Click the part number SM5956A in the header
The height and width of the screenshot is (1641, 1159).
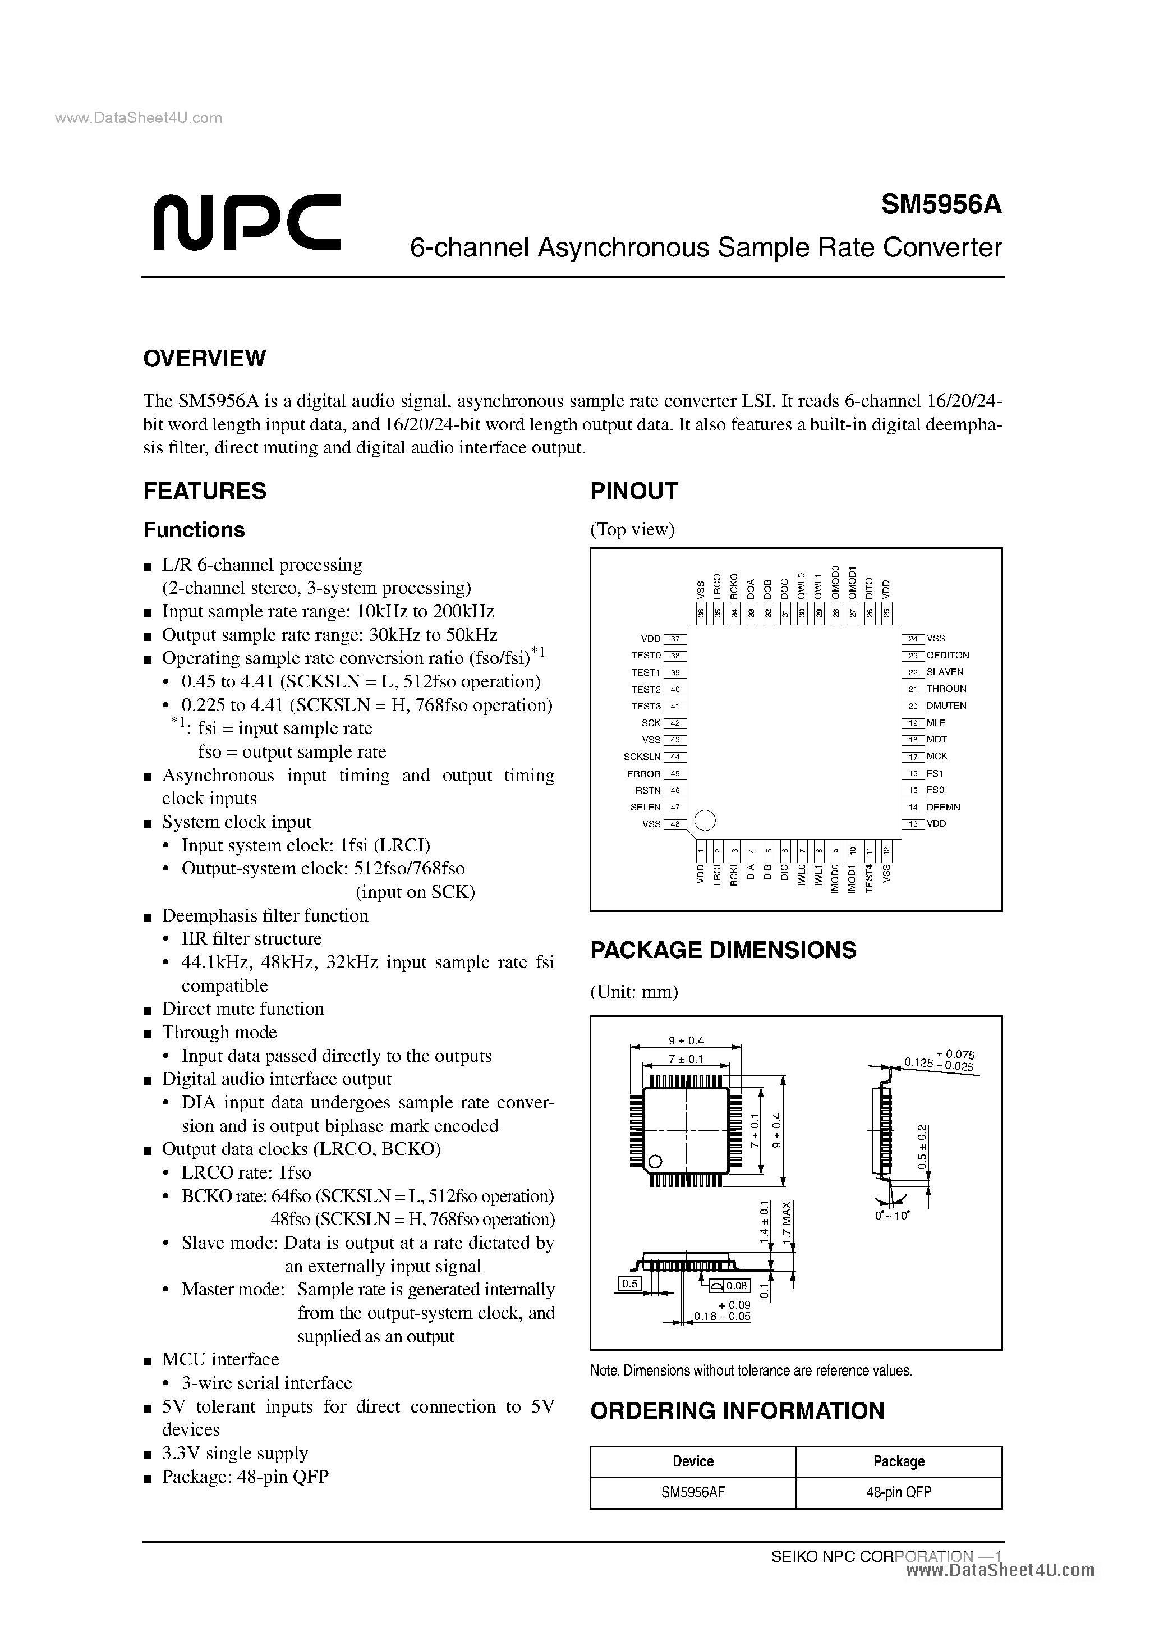pos(941,205)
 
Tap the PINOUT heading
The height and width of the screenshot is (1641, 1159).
pos(633,491)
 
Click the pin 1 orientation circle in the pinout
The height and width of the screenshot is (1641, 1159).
pos(705,820)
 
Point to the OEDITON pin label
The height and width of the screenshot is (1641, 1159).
pos(948,656)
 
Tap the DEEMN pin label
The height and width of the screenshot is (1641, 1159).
pos(943,808)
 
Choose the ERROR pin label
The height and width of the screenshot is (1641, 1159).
pos(644,774)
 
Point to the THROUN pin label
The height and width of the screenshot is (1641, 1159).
pos(946,689)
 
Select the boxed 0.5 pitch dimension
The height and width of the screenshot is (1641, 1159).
pos(629,1285)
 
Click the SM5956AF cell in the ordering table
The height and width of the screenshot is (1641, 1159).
pos(693,1492)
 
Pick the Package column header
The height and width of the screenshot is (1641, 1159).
pos(899,1461)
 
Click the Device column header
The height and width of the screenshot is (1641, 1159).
pos(693,1461)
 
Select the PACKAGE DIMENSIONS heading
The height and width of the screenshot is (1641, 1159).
pos(723,950)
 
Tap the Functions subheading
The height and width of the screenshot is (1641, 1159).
pos(194,530)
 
